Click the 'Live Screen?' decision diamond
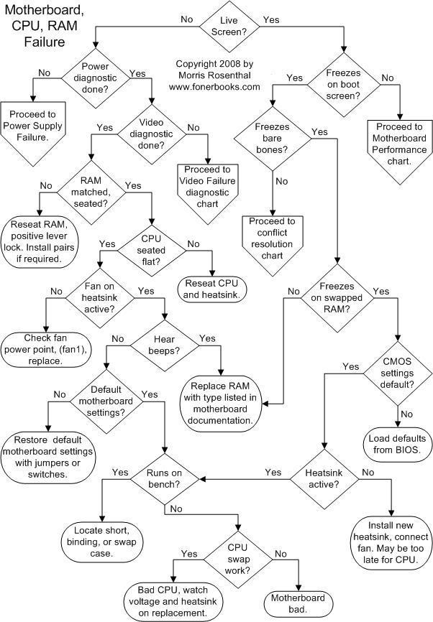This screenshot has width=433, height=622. click(x=229, y=26)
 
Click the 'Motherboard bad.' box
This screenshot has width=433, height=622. click(x=298, y=603)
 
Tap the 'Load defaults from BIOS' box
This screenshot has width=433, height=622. click(x=396, y=443)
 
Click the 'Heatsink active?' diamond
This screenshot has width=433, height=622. click(x=324, y=478)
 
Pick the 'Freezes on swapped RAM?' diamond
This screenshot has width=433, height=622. click(x=334, y=297)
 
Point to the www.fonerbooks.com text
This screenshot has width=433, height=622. click(x=214, y=87)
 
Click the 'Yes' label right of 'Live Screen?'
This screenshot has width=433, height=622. click(x=271, y=19)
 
